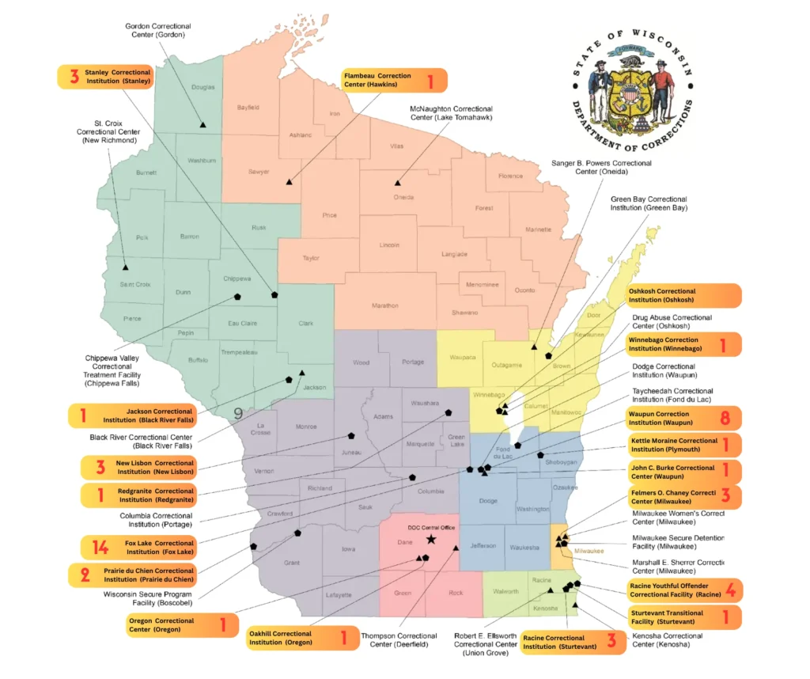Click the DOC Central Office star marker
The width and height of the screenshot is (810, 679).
coord(430,539)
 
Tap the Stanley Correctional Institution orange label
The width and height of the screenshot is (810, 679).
coord(106,77)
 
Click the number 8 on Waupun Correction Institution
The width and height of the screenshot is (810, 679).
coord(725,418)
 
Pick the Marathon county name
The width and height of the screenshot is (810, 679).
coord(384,305)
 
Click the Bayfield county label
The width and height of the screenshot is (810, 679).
coord(248,107)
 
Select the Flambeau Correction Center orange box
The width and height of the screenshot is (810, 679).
coord(393,80)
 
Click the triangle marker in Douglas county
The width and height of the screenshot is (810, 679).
coord(203,125)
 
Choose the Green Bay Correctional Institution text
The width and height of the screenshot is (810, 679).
coord(649,203)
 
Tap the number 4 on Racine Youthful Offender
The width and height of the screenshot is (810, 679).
coord(731,590)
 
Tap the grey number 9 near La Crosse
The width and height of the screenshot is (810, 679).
coord(238,412)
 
